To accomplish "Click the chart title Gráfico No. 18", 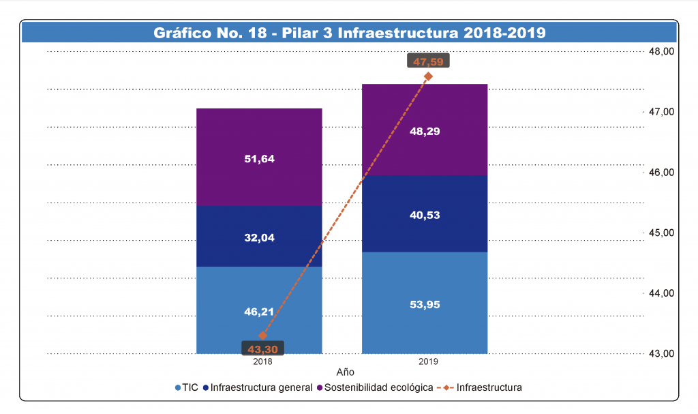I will [349, 33].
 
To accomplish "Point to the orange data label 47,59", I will [428, 61].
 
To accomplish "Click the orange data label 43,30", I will [262, 349].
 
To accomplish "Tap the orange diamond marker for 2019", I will [428, 76].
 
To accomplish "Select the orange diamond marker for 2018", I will [262, 336].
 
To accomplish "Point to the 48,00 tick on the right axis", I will [661, 52].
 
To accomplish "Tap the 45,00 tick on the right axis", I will [661, 233].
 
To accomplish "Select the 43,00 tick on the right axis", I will [661, 353].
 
